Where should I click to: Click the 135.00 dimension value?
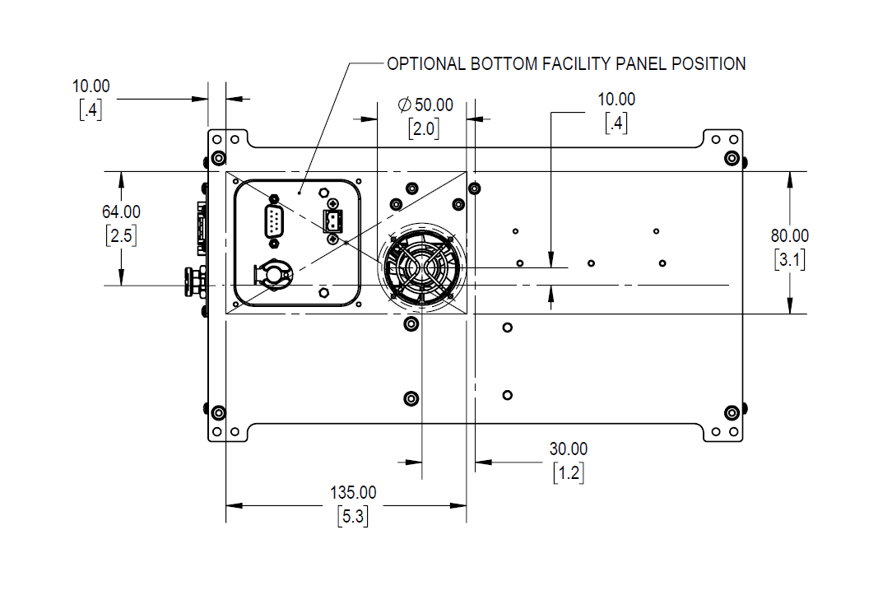click(x=353, y=493)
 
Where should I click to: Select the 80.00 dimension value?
click(x=790, y=236)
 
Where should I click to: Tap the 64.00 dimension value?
click(x=121, y=212)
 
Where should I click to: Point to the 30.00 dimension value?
click(x=569, y=449)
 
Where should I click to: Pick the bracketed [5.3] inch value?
click(x=353, y=518)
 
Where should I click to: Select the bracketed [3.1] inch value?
click(x=790, y=260)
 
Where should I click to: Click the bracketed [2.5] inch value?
click(x=121, y=236)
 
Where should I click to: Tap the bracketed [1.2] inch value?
click(x=569, y=473)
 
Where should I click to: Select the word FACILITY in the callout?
click(x=576, y=63)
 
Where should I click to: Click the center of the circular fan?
click(x=420, y=266)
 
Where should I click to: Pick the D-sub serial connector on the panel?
click(x=273, y=222)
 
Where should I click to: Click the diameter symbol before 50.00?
click(x=404, y=105)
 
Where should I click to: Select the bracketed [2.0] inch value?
click(x=423, y=128)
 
